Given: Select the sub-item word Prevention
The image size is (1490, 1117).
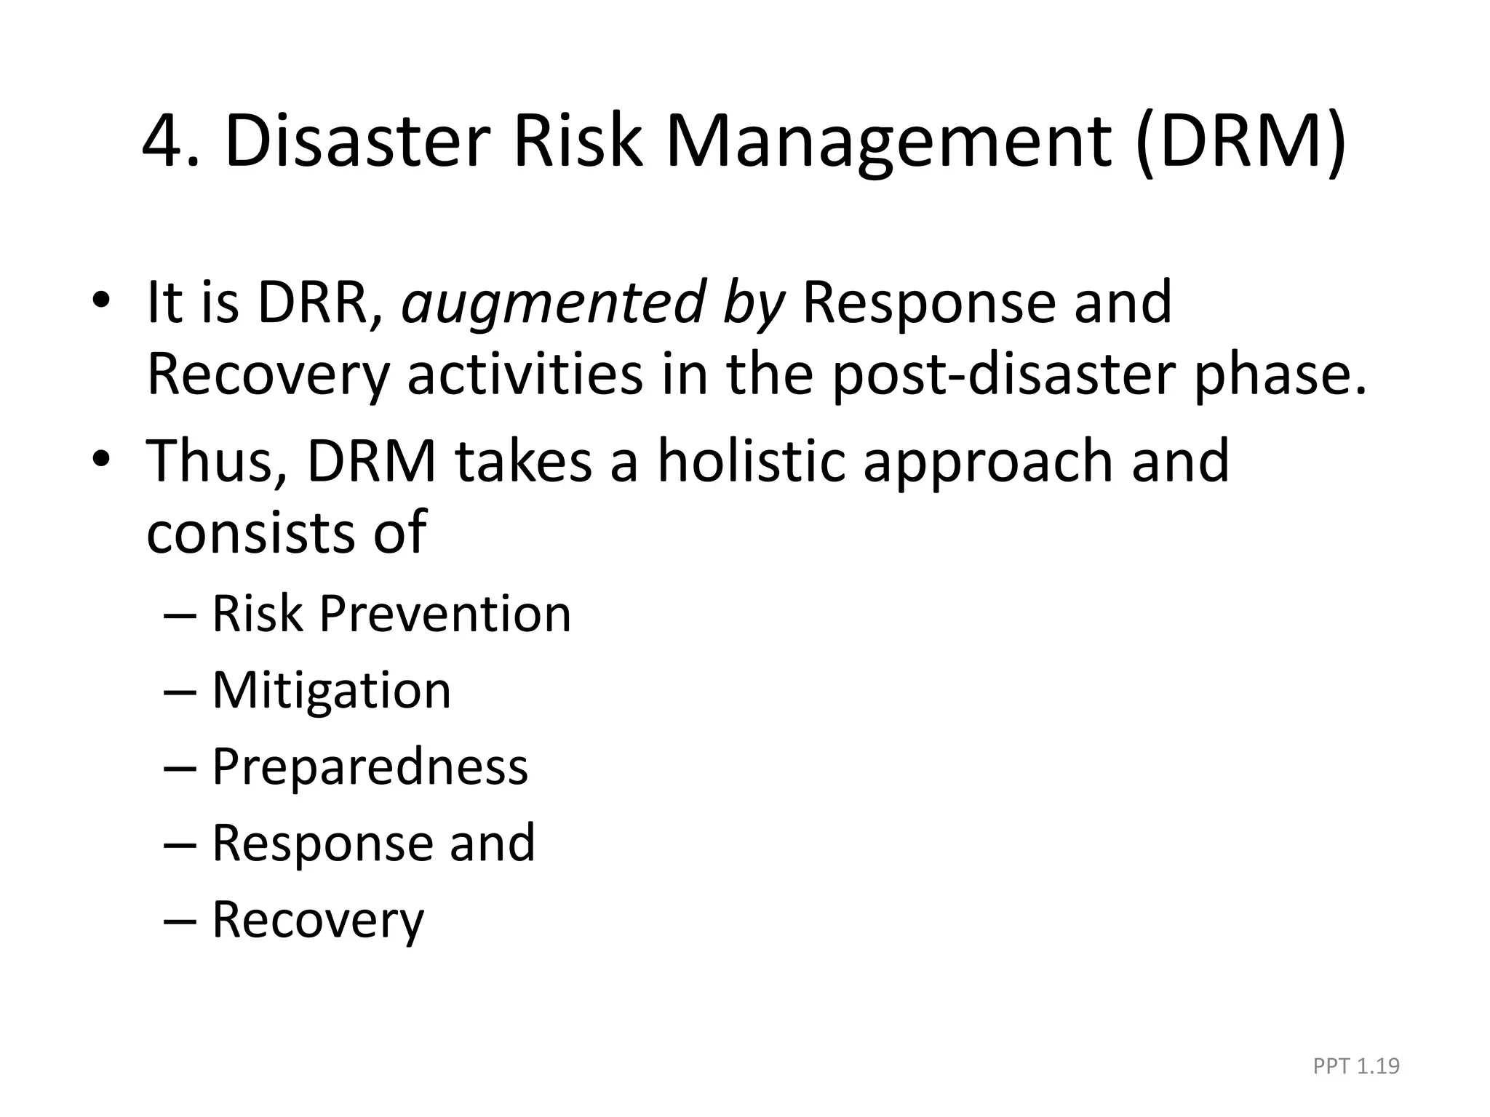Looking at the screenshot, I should (445, 614).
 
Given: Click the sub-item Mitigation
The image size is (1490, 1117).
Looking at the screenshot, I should (331, 690).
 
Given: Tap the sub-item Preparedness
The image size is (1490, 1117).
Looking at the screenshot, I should (370, 767).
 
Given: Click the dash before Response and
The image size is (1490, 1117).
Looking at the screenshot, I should (180, 844).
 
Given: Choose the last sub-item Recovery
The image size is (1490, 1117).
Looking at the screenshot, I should (317, 921).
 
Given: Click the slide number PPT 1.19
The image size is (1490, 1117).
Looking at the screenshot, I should (1356, 1066).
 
